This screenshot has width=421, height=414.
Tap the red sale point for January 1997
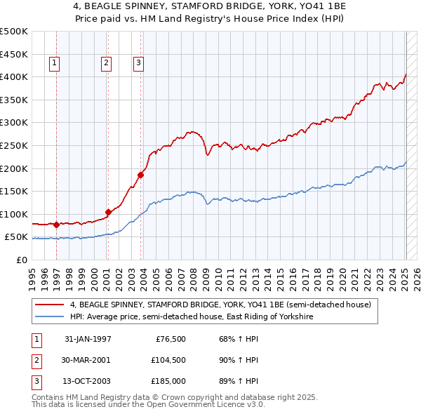tap(56, 225)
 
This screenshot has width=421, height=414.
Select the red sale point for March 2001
tap(108, 212)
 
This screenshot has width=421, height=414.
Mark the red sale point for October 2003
tap(141, 175)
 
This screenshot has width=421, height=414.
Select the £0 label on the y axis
tap(21, 260)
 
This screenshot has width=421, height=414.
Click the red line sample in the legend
tap(50, 305)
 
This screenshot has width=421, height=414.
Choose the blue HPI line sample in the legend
tap(50, 317)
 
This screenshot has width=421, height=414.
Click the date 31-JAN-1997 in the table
tap(88, 339)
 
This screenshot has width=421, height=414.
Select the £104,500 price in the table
tap(168, 360)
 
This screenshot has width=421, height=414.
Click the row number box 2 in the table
tap(35, 360)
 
